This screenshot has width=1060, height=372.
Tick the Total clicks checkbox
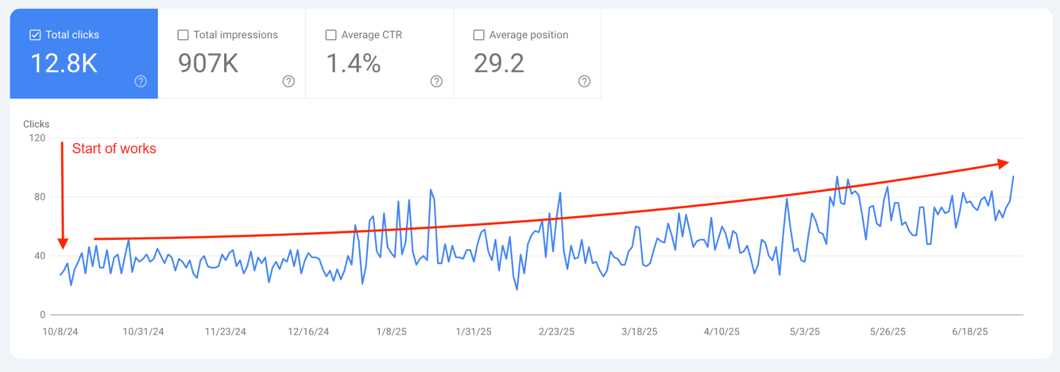tap(35, 35)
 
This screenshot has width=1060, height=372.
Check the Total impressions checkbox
tap(183, 35)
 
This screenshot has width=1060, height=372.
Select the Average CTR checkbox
tap(331, 35)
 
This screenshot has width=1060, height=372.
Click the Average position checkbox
tap(479, 35)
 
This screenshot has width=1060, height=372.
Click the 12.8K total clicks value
tap(64, 63)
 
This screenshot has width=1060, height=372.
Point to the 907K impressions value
tap(208, 63)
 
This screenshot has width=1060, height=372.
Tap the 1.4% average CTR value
tap(354, 63)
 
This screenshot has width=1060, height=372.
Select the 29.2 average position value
tap(499, 63)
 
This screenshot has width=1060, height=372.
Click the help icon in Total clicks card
tap(141, 81)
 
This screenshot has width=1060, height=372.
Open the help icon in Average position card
tap(584, 81)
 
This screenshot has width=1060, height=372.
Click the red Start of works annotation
tap(114, 149)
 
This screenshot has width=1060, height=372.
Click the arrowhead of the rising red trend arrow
tap(1004, 164)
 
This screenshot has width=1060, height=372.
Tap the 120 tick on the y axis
tap(37, 138)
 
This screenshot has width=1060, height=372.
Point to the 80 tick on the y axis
tap(40, 197)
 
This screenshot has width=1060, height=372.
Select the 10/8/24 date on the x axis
tap(60, 332)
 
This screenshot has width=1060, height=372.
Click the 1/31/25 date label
tap(474, 332)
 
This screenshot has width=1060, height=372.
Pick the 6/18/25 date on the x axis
tap(970, 332)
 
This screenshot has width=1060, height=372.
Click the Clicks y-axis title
tap(36, 124)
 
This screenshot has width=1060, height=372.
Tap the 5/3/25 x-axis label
tap(805, 332)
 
